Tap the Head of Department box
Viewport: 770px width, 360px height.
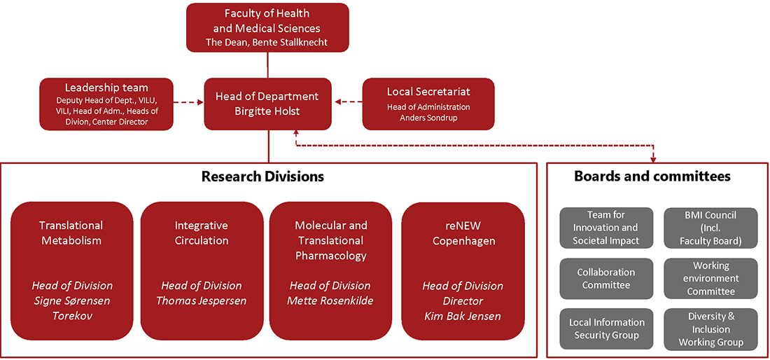coord(267,104)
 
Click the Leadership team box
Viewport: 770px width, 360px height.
coord(106,104)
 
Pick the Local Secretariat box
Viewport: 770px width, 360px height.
coord(428,104)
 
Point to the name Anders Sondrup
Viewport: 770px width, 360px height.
coord(428,118)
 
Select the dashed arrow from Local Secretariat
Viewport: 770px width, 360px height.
coord(348,102)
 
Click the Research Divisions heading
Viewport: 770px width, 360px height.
coord(262,176)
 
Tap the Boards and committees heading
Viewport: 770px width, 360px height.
coord(652,176)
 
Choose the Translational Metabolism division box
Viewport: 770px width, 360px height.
coord(71,270)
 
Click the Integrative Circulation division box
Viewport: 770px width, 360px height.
coord(202,270)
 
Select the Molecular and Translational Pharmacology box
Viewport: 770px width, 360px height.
coord(330,270)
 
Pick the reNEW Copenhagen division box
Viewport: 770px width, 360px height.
coord(463,270)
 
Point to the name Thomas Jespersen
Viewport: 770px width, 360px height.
coord(202,300)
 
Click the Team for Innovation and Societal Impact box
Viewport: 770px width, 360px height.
coord(605,228)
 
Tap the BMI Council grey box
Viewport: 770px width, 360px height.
coord(710,228)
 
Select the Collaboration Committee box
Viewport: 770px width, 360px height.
coord(605,278)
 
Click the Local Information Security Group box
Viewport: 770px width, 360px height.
coord(605,328)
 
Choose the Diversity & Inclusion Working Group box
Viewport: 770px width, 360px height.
coord(710,328)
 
